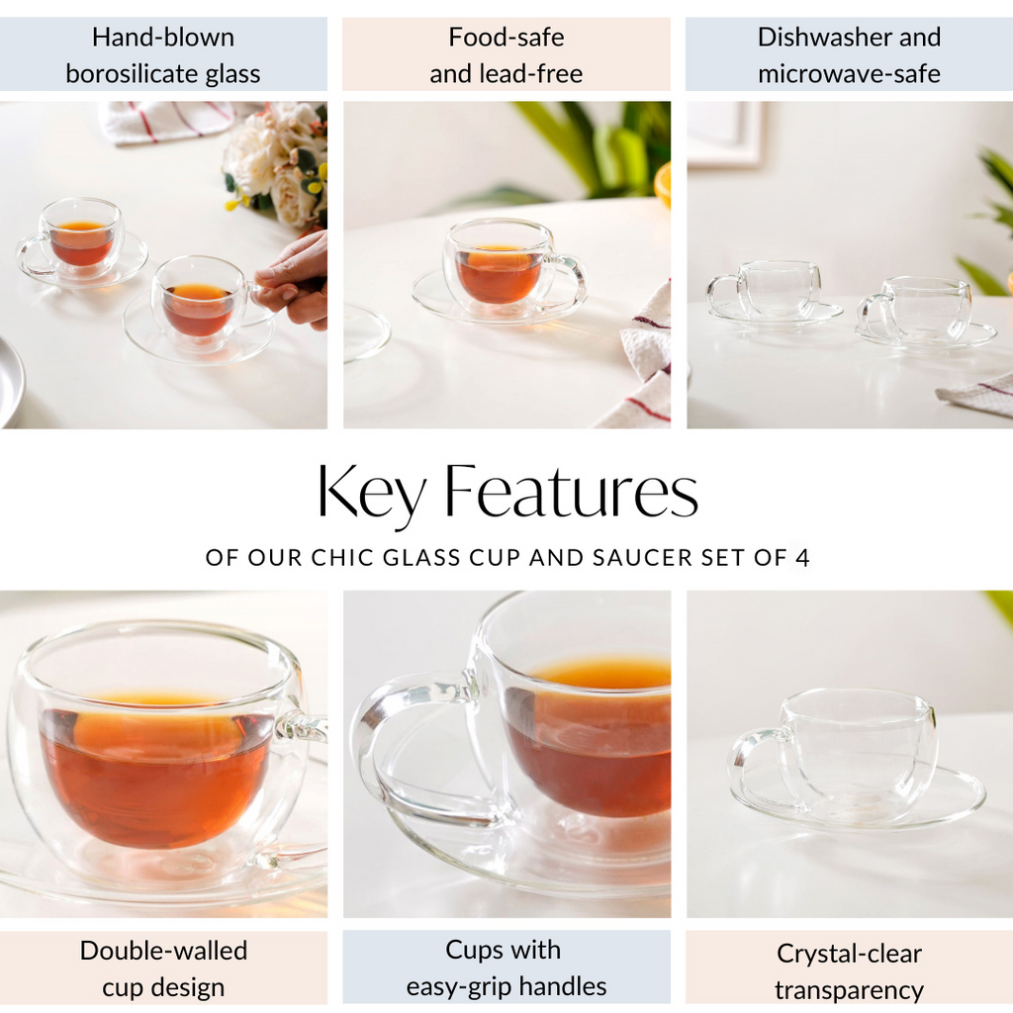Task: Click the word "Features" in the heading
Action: (x=571, y=492)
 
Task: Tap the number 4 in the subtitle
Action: (x=802, y=558)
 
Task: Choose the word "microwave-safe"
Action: (x=849, y=74)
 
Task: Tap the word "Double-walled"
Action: (x=163, y=951)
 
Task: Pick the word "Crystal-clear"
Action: (x=849, y=954)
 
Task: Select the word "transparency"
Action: (x=849, y=990)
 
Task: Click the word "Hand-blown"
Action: (x=163, y=38)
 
